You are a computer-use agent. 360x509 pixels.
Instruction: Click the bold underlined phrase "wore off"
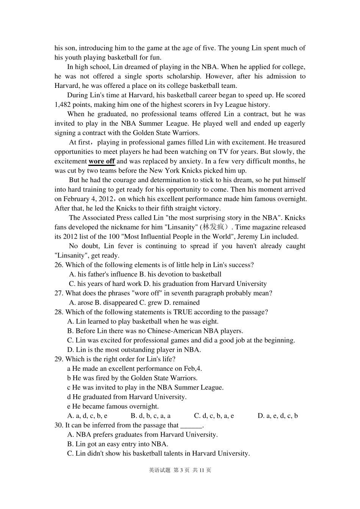[x=102, y=161]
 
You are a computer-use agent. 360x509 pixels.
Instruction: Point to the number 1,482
[x=63, y=105]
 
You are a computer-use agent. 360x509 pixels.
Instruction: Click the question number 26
[x=59, y=265]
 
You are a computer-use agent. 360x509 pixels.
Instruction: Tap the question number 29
[x=59, y=359]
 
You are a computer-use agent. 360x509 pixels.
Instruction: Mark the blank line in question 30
[x=191, y=425]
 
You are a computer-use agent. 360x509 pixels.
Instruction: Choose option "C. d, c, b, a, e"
[x=214, y=416]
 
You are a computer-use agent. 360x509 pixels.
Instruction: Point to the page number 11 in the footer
[x=202, y=470]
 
